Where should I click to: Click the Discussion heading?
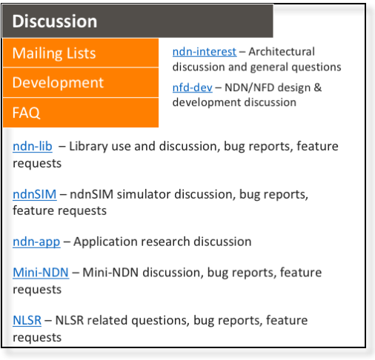(55, 21)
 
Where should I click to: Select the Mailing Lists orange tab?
(81, 53)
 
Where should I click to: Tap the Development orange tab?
(81, 82)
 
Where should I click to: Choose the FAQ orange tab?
(81, 113)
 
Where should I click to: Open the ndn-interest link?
(205, 52)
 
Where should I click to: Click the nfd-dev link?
(193, 87)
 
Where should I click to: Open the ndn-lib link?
(33, 146)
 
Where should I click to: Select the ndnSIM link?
(35, 194)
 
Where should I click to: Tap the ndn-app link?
(36, 241)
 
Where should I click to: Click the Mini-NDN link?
(41, 273)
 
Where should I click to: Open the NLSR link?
(27, 320)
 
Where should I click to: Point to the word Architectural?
(282, 52)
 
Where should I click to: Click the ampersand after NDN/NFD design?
(318, 87)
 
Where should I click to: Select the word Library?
(88, 147)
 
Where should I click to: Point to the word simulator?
(144, 194)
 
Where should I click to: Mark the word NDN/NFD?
(249, 87)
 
